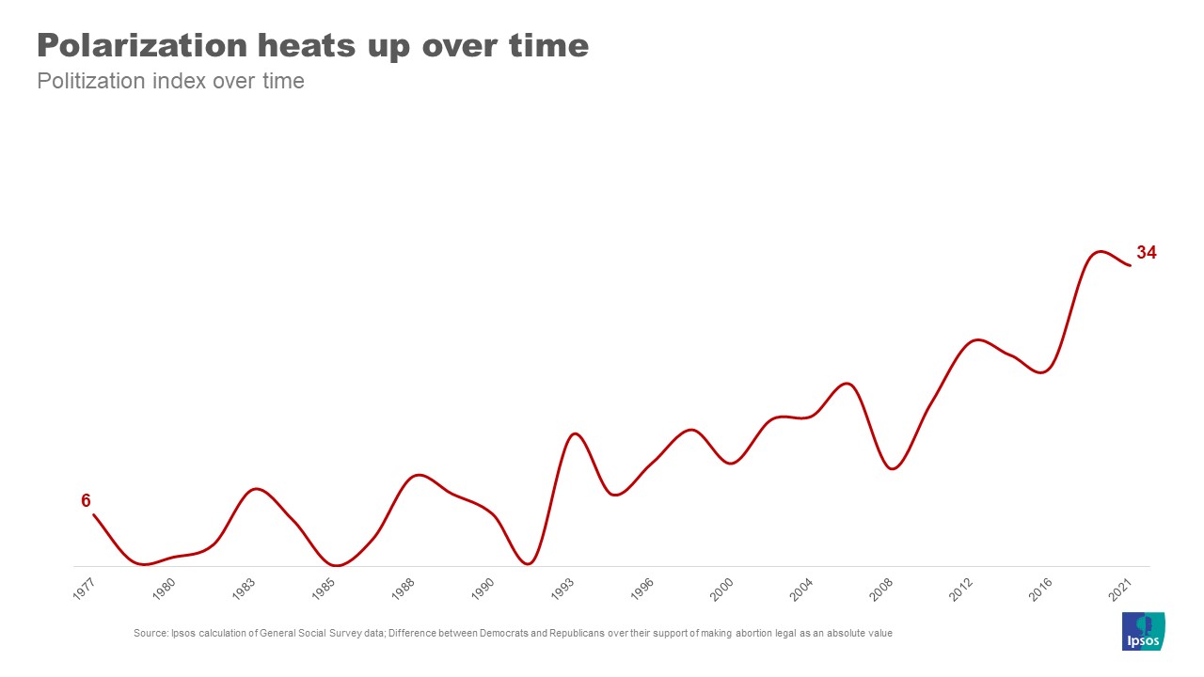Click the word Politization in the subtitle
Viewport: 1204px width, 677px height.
pos(91,81)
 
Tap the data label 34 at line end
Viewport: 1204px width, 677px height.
pos(1146,253)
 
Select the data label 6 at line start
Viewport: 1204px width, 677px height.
pos(86,501)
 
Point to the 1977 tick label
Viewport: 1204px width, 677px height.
pos(84,590)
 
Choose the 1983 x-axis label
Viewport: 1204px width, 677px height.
pos(243,590)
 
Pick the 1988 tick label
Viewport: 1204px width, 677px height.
pos(403,590)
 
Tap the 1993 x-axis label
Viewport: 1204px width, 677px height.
pos(562,590)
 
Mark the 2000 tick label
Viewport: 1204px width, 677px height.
pos(721,590)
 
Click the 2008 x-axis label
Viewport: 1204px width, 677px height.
pos(881,590)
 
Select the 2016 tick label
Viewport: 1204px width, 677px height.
pos(1041,590)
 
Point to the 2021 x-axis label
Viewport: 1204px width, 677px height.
pos(1121,590)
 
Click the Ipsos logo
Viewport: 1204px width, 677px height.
pos(1144,631)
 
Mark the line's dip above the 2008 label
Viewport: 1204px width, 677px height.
pos(894,468)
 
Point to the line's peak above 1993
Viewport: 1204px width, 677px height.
pos(575,433)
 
